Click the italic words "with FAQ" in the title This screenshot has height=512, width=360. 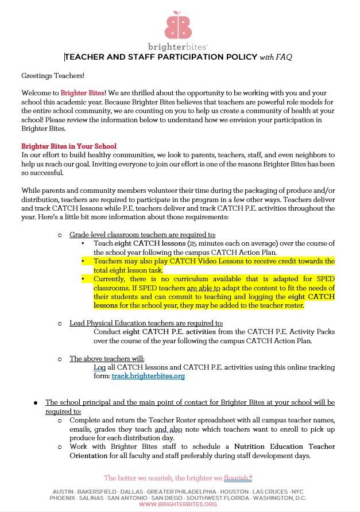[276, 57]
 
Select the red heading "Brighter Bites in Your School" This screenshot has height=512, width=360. [69, 146]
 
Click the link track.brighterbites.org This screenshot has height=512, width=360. [148, 377]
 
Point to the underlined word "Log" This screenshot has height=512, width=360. [99, 367]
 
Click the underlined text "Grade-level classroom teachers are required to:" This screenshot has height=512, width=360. [142, 235]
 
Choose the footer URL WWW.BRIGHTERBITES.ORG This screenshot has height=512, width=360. [178, 504]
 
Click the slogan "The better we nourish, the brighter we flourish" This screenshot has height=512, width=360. [178, 478]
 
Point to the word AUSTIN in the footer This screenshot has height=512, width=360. [63, 492]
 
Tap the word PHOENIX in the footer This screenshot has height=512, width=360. [63, 498]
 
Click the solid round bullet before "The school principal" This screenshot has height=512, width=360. [36, 402]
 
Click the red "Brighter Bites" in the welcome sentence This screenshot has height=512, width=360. [82, 92]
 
